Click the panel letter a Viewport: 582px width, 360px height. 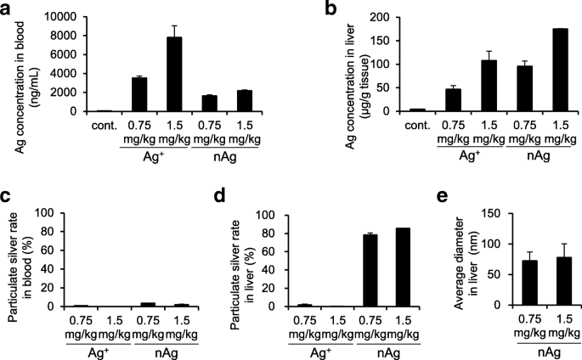7,9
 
